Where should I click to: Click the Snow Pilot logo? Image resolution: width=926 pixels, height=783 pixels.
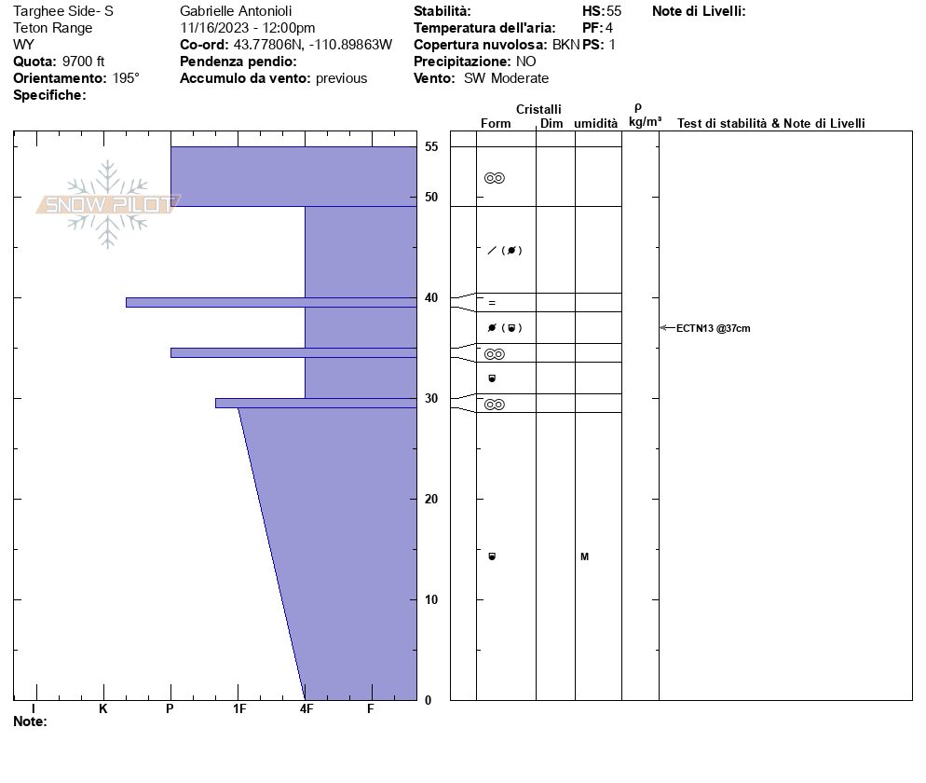point(108,204)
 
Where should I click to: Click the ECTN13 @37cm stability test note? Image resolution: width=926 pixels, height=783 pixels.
point(713,328)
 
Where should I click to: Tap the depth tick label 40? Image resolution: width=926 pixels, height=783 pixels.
point(430,298)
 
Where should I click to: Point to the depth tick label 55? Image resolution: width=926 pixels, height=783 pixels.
point(430,147)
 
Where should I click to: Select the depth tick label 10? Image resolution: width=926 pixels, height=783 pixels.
point(430,599)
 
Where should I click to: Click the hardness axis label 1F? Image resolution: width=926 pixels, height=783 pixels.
point(239,709)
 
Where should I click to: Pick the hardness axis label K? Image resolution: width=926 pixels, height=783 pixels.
point(103,709)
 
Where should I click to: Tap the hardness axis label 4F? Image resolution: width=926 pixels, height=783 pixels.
point(306,709)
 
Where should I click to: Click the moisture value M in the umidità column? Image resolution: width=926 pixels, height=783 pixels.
point(584,557)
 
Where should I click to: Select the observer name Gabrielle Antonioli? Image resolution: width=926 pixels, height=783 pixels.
point(239,11)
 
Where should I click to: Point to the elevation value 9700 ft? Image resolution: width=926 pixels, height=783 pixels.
point(83,62)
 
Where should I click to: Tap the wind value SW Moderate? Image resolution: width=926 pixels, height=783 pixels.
point(506,78)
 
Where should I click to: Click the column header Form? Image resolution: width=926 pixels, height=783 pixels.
point(496,124)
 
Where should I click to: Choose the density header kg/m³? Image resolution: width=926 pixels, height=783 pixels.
point(645,122)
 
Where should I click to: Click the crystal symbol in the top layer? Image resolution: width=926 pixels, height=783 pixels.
point(495,178)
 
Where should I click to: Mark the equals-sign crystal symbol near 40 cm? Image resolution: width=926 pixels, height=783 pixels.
point(492,302)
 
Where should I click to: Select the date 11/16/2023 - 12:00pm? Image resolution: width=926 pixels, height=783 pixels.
point(247,28)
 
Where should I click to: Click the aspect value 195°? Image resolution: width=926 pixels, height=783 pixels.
point(126,78)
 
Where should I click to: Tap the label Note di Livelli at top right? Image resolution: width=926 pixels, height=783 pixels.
point(699,11)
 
